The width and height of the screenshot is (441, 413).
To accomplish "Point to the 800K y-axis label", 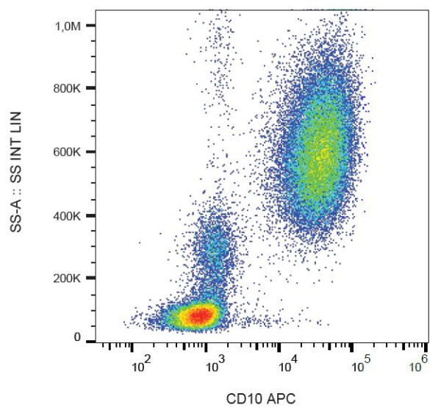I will (x=73, y=89).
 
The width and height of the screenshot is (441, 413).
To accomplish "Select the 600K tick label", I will (x=73, y=152).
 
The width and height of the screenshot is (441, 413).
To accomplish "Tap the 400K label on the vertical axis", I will (x=73, y=216).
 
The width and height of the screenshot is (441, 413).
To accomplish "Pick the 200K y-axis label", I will (x=73, y=279).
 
